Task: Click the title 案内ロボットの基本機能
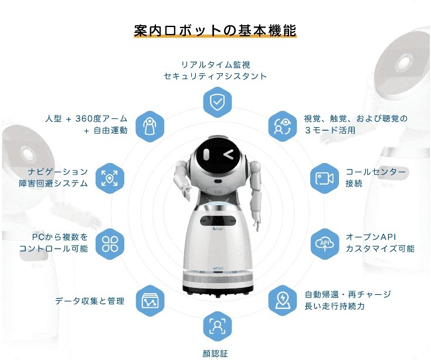(215, 30)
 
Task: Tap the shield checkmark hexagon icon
(217, 102)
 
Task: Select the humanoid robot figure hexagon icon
(150, 127)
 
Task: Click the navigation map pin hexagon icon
(110, 178)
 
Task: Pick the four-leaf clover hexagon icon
(110, 244)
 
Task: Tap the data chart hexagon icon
(150, 301)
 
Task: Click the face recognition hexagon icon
(217, 327)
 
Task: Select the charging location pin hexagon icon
(283, 301)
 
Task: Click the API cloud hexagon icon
(325, 244)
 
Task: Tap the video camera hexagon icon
(325, 178)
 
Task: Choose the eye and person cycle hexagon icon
(283, 127)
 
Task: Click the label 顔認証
(215, 353)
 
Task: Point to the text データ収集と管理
(90, 301)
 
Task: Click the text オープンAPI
(371, 237)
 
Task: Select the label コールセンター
(375, 172)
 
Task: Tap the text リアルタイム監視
(216, 64)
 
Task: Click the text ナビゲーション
(57, 172)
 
